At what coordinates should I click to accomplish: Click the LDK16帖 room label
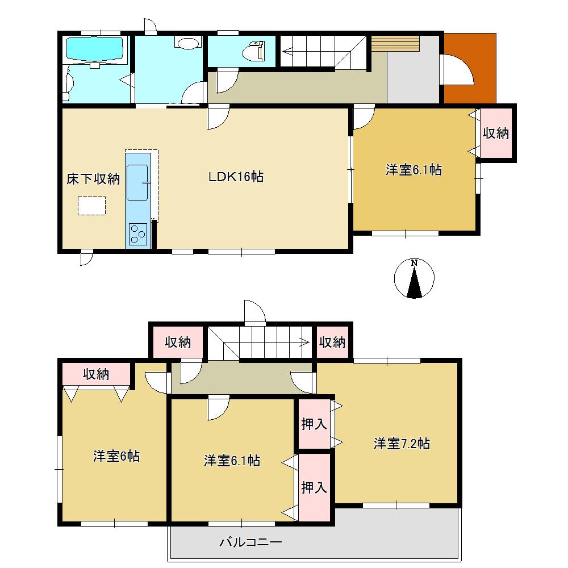coord(235,177)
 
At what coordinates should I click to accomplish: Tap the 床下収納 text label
coord(93,179)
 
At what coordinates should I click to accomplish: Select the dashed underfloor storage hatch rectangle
coord(91,206)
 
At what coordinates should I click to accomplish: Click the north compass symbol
coord(414,278)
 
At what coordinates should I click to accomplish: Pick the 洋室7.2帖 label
coord(402,444)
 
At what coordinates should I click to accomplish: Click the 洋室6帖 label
coord(116,456)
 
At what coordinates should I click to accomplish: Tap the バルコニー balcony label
coord(250,542)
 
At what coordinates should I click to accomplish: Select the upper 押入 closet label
coord(314,424)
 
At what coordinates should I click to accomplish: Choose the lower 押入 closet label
coord(314,487)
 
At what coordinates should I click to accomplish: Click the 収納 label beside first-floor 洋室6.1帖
coord(495,133)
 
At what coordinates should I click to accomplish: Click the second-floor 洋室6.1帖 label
coord(232,461)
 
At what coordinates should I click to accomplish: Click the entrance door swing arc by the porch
coord(457,69)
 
